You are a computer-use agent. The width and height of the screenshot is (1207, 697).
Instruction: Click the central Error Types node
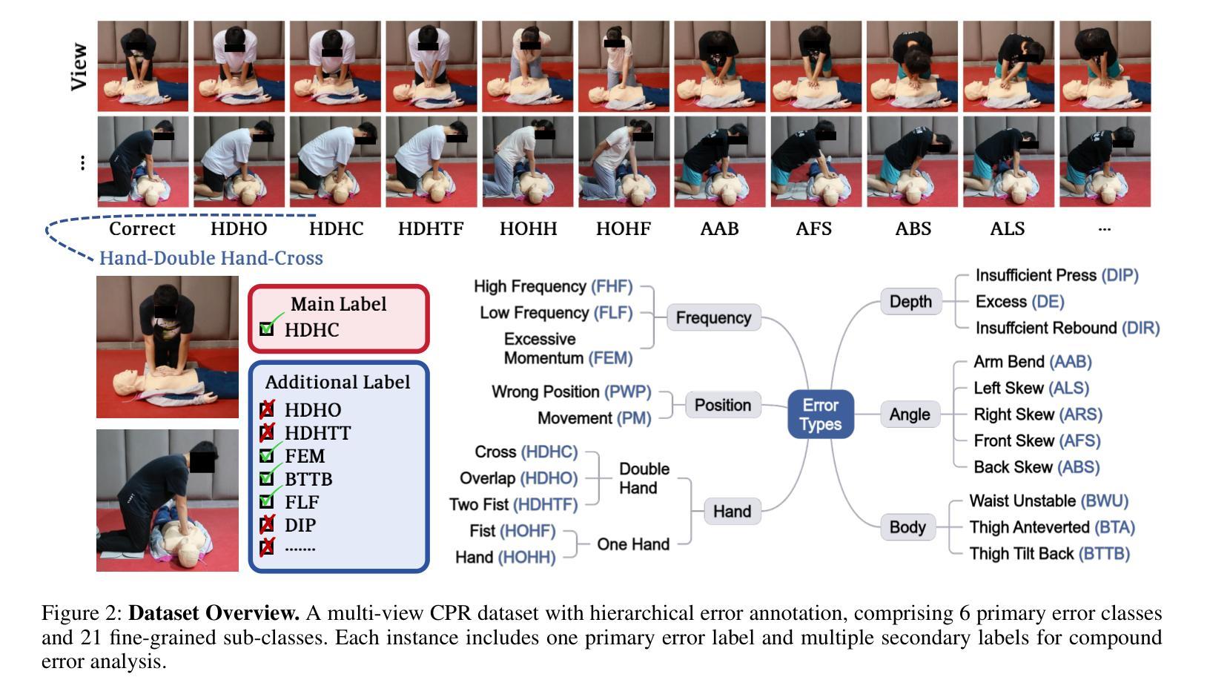(820, 414)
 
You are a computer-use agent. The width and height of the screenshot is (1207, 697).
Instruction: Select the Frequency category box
(713, 317)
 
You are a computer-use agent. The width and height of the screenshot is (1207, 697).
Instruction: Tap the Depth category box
(910, 302)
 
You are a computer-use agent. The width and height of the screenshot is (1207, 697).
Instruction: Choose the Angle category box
(910, 414)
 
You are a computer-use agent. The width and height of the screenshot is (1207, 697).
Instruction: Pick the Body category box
(907, 527)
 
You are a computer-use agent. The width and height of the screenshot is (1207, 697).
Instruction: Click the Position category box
(723, 405)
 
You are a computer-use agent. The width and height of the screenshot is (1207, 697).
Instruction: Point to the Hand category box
(732, 511)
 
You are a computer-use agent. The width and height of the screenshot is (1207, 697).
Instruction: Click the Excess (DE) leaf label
(1019, 302)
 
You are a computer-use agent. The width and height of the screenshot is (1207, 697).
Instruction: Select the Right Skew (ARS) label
(1037, 414)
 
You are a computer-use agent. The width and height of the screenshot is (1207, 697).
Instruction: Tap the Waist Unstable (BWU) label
(1048, 501)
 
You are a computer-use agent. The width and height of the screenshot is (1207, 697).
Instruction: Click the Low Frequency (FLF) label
(556, 313)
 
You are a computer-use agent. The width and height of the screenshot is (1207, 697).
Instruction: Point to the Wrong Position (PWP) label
(571, 392)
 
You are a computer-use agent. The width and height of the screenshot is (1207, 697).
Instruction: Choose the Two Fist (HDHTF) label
(513, 505)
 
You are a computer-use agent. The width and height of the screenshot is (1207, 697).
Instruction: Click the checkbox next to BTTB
(267, 479)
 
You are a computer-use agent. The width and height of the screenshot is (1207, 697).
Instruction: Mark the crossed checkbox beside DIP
(267, 525)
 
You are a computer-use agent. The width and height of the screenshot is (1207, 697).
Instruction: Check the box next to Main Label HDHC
(267, 329)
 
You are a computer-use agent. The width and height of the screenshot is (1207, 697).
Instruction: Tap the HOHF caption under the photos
(623, 228)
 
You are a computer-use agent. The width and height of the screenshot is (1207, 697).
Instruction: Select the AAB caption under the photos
(719, 228)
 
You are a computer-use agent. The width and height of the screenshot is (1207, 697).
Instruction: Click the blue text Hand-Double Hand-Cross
(211, 258)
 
